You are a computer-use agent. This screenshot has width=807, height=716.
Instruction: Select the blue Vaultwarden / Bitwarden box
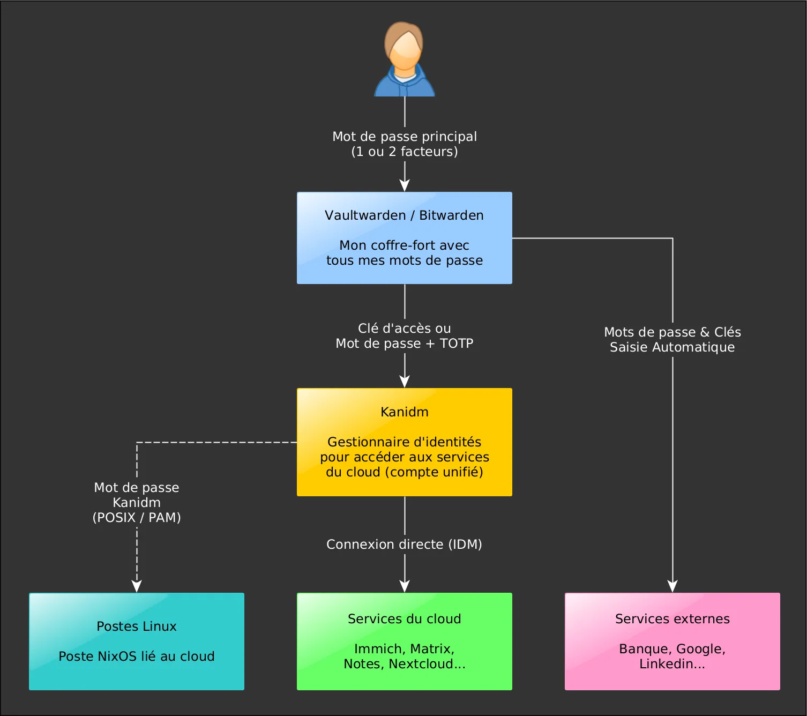(405, 238)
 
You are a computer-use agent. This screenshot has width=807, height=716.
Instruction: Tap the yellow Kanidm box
(405, 442)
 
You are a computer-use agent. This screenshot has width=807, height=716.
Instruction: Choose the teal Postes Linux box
(137, 641)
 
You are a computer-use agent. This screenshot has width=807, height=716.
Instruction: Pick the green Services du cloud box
(405, 641)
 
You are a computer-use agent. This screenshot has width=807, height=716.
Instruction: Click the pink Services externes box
(672, 641)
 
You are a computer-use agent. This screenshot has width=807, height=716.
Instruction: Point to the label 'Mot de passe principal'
(405, 137)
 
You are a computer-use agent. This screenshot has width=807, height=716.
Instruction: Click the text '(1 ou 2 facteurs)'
(405, 152)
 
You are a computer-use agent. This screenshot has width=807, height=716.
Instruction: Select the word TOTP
(456, 344)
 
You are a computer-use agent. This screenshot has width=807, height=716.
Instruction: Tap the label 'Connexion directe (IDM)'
(405, 545)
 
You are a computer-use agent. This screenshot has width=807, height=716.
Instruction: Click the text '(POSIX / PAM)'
(137, 518)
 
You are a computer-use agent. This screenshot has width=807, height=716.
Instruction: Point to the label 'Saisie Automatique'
(672, 347)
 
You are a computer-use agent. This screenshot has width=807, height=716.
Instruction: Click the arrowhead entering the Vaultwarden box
(405, 185)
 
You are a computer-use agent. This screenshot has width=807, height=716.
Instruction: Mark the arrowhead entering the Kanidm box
(405, 382)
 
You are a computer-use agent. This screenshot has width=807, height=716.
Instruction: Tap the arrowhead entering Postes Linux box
(137, 586)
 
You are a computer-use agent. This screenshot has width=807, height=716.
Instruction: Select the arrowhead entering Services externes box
(672, 586)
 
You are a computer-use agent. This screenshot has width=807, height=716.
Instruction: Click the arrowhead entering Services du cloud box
(405, 586)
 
